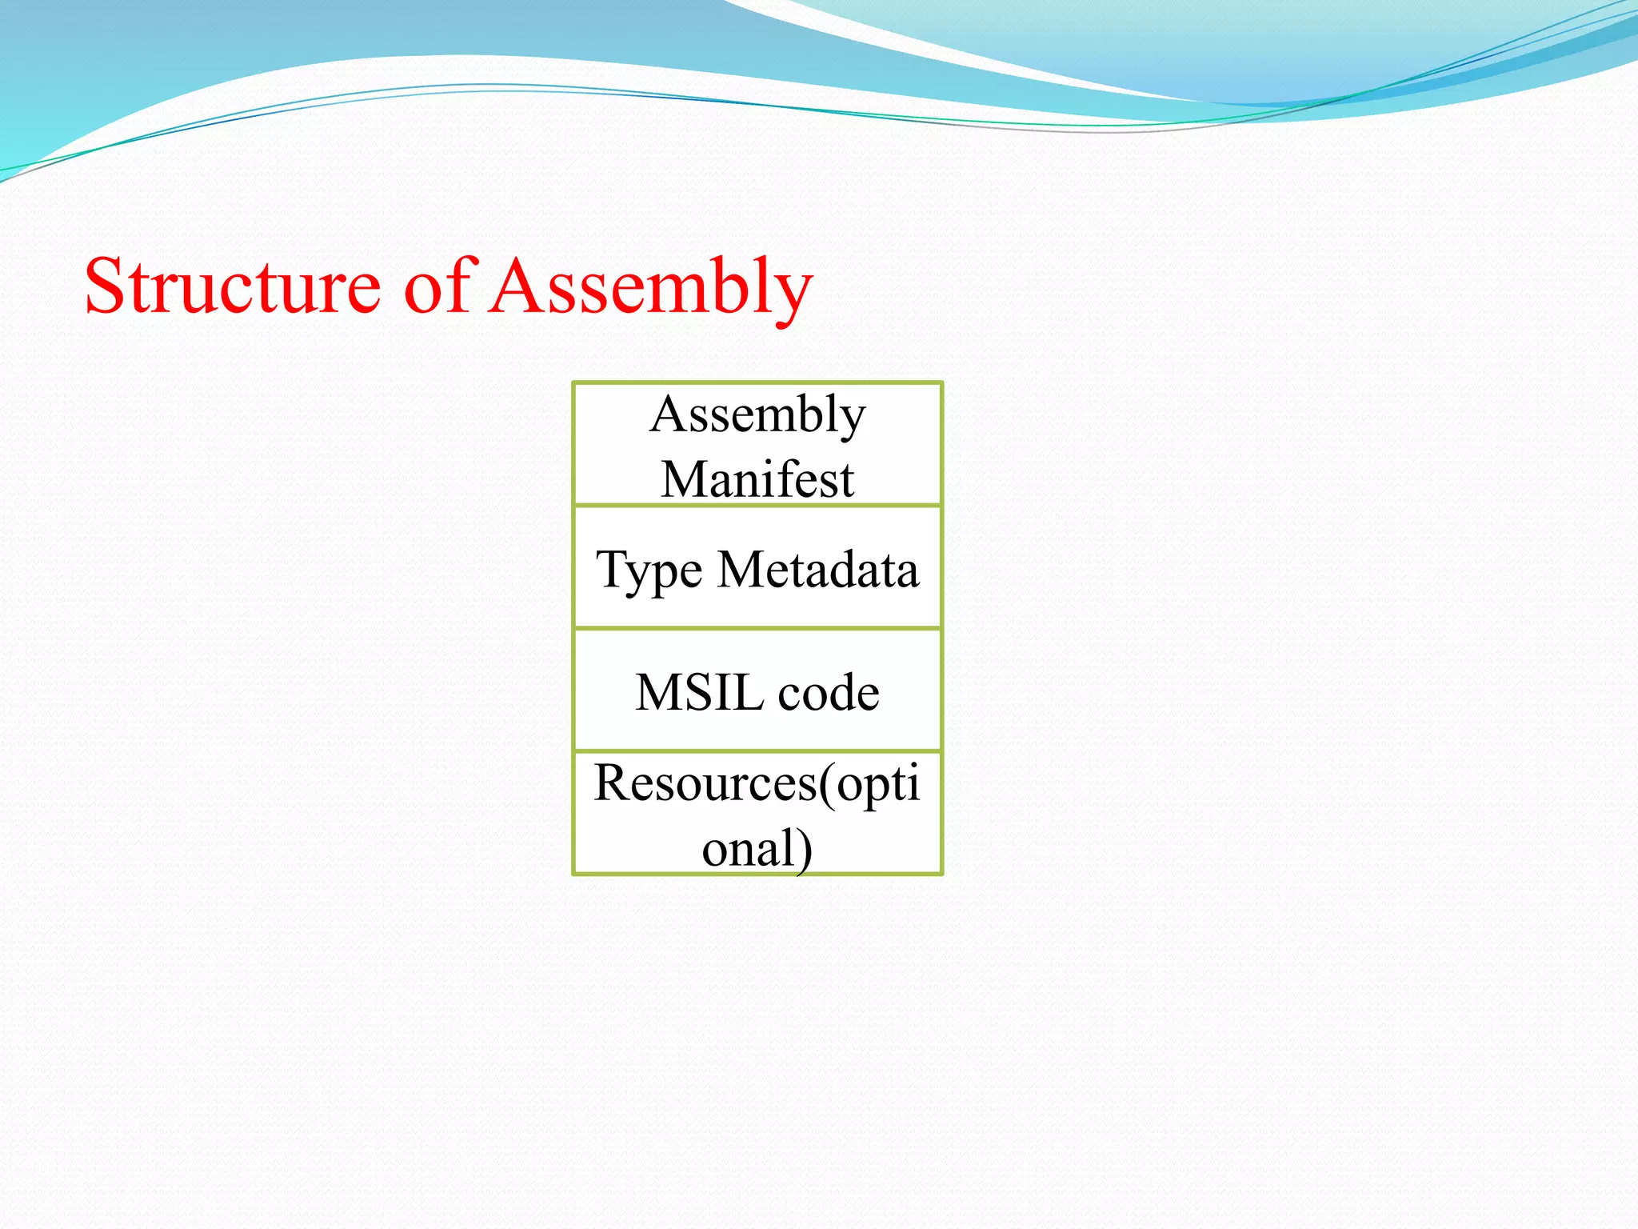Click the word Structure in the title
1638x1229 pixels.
[232, 286]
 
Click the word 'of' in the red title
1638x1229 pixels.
[438, 286]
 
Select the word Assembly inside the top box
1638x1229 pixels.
[757, 414]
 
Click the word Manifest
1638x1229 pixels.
[757, 479]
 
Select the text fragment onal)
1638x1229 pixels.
[757, 848]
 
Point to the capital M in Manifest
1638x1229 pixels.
[681, 479]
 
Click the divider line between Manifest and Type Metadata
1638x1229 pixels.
[757, 506]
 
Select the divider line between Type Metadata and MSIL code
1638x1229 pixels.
[757, 629]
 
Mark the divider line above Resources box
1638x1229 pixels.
[757, 751]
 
